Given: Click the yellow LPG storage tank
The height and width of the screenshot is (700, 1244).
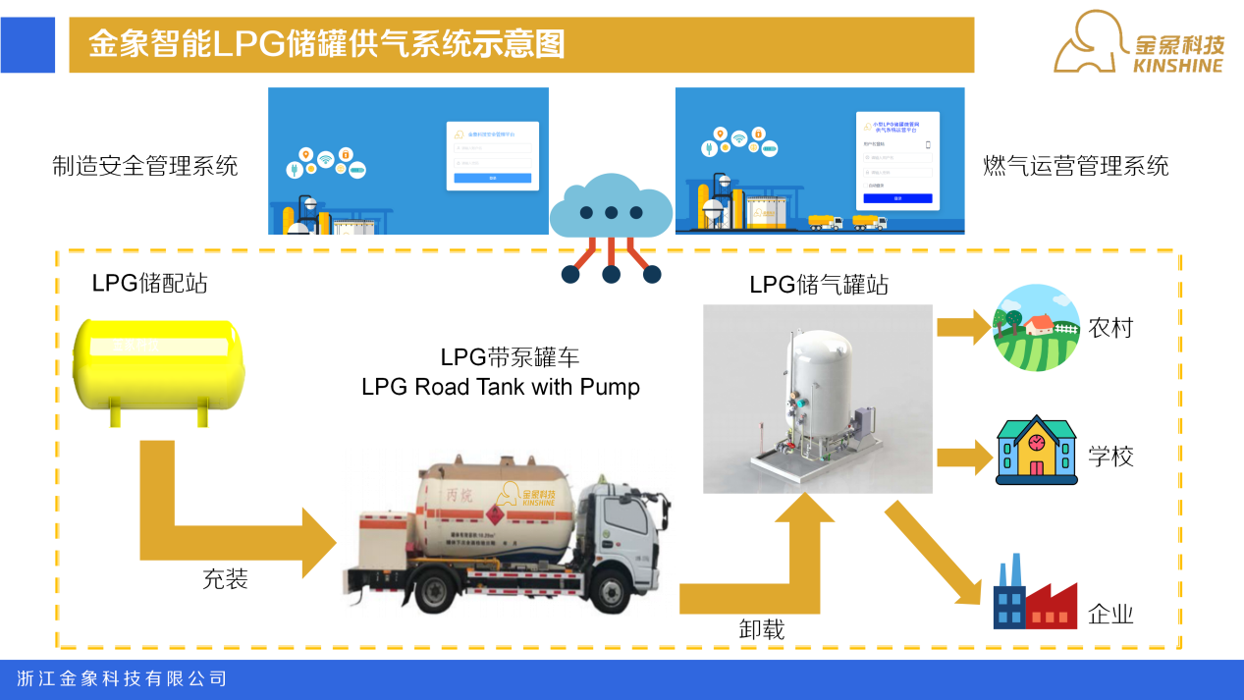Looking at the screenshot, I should pos(160,366).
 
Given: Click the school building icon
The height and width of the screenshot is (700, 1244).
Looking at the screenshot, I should pos(1036,452).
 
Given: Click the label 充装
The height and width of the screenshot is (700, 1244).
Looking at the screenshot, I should pos(225,579).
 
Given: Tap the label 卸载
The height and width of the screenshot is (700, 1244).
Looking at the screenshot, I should pos(762,628).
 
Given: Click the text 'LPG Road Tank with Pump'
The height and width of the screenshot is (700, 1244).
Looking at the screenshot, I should pos(501,387).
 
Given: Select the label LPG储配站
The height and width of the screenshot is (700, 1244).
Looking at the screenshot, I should pos(149,284).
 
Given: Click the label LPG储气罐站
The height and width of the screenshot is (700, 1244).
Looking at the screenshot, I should pos(819,285).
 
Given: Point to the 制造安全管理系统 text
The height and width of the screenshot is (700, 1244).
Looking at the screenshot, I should pos(145,165).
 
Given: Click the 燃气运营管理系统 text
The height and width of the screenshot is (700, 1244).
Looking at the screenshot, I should pos(1076,165).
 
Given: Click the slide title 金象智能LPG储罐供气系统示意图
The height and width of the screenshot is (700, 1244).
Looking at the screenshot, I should pos(327,44).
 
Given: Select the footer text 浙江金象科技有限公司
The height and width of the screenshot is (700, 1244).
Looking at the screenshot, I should pos(123,678).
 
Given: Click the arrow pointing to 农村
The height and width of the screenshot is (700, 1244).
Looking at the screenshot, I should pos(964,326).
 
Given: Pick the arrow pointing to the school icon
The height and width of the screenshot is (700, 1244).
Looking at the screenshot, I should pos(964,457).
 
